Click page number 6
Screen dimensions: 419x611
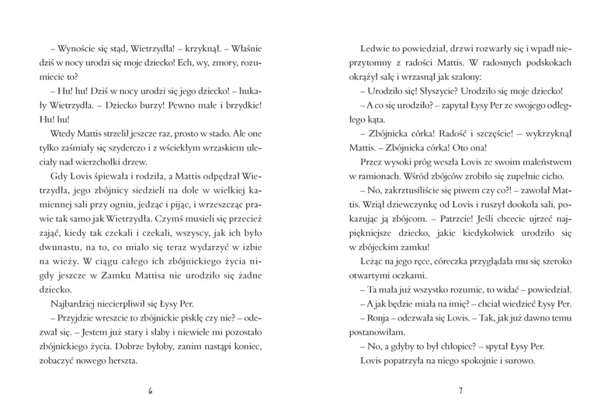coord(150,392)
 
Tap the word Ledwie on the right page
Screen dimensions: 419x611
coord(374,49)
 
